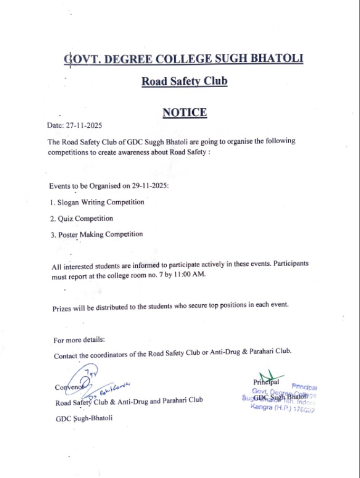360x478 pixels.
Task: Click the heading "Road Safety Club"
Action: pos(184,82)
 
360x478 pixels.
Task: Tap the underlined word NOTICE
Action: pos(184,113)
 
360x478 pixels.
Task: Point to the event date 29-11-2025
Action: pos(149,186)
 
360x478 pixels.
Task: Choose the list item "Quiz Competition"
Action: pos(85,218)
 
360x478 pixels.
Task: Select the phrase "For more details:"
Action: pos(80,340)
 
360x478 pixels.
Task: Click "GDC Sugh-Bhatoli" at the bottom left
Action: pos(84,418)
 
